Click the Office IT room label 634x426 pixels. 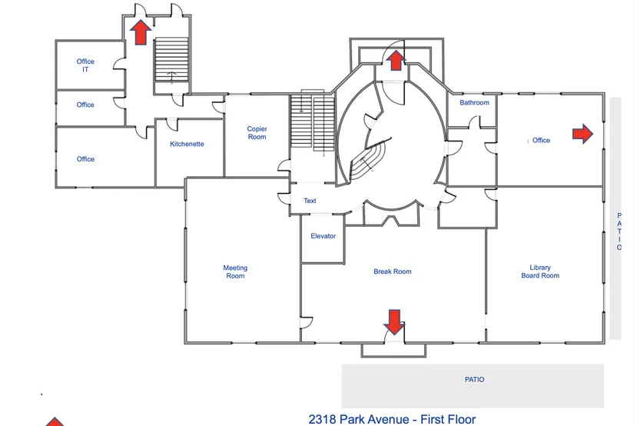(x=85, y=65)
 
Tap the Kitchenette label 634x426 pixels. (x=187, y=144)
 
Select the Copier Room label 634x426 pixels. (x=257, y=133)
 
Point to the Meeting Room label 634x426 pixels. (x=235, y=271)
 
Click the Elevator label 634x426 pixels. (x=323, y=236)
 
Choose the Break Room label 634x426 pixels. (x=392, y=271)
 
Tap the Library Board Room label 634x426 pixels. (x=540, y=271)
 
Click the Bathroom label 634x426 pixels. (x=474, y=103)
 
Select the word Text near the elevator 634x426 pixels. (x=310, y=201)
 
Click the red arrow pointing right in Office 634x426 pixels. (x=583, y=134)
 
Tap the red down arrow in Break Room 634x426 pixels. (x=394, y=322)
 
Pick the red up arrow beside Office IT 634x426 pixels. (x=141, y=32)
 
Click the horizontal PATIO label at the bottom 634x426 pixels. (x=474, y=379)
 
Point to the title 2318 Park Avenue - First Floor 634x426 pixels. (x=392, y=419)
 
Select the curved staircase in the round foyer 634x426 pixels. (x=366, y=161)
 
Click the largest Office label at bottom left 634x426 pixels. (x=85, y=159)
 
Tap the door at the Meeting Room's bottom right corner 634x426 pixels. (x=306, y=322)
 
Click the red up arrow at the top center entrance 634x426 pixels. (x=396, y=60)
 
